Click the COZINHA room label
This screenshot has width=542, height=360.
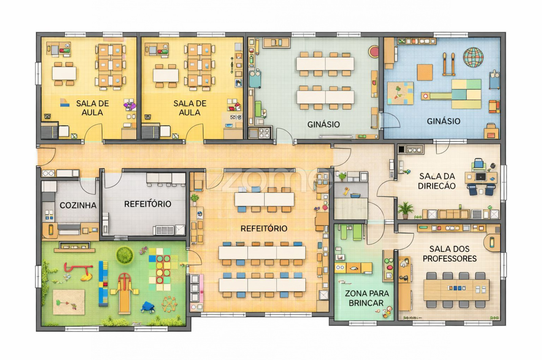(x=78, y=205)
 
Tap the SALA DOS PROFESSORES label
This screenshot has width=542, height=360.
(x=450, y=254)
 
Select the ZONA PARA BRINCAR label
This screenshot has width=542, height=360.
(x=367, y=298)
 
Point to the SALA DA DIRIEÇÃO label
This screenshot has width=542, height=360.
(x=437, y=181)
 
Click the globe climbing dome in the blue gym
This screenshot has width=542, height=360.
(x=473, y=57)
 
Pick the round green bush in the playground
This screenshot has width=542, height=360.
(x=125, y=255)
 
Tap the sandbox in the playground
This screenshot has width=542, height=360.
(x=69, y=302)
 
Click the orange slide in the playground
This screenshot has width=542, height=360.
(x=124, y=293)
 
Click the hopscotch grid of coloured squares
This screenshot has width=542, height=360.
(x=160, y=269)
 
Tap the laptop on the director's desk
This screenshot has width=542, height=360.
(x=481, y=177)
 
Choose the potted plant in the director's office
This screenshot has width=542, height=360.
(x=405, y=210)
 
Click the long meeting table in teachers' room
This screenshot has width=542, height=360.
(x=456, y=290)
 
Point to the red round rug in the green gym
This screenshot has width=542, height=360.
(x=374, y=52)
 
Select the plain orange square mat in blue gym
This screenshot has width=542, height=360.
(x=425, y=72)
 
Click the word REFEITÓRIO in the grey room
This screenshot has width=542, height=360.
(x=148, y=204)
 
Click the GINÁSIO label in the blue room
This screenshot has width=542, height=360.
(x=443, y=121)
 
